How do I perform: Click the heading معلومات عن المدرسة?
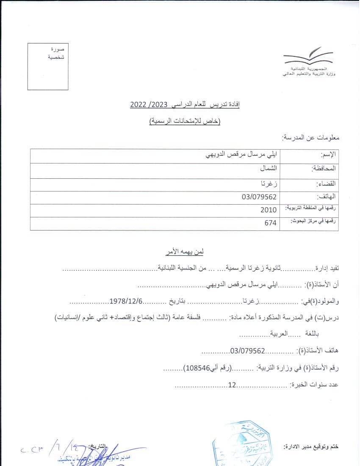[x=311, y=138]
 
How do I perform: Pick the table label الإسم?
[x=328, y=155]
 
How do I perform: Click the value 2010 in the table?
[x=269, y=210]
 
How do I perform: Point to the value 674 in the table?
[x=270, y=223]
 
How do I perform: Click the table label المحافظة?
[x=324, y=169]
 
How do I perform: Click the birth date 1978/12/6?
[x=126, y=301]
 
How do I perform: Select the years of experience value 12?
[x=232, y=385]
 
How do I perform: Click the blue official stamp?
[x=242, y=445]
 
